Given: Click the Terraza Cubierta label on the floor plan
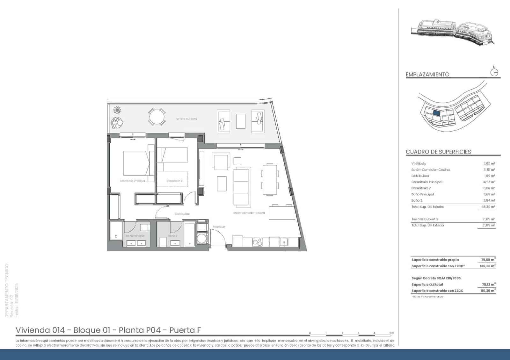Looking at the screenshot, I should pos(186,119).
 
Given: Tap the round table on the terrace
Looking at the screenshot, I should pos(157,117).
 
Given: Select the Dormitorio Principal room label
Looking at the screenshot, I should pos(132,181).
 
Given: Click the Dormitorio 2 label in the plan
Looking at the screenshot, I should pos(174,181).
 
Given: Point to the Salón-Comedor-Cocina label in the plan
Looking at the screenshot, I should pos(249,213).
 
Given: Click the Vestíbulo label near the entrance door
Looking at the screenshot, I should pos(219,227).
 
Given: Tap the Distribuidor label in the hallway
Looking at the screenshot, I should pos(182,214).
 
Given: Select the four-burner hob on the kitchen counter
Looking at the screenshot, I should pos(257,242).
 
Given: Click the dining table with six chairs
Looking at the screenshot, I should pos(270,179).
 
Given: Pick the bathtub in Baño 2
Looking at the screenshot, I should pos(190,234).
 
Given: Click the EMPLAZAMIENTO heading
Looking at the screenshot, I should pos(427,75).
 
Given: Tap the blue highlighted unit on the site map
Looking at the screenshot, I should pos(436,112).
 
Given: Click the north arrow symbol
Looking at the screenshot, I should pos(494,72).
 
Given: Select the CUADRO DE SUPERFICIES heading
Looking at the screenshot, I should pos(438,152).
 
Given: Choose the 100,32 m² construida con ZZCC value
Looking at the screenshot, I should pos(488,266).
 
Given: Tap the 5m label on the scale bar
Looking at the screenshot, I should pos(391,333).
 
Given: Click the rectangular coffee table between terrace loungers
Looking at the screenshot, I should pos(241,121).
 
